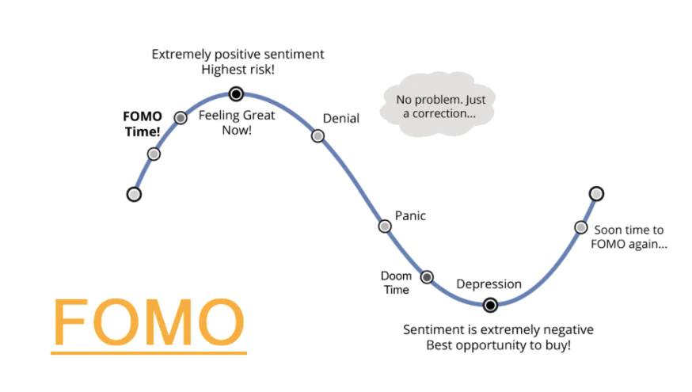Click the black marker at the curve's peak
click(x=236, y=93)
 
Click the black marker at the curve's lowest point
click(x=490, y=305)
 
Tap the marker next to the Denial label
click(x=317, y=135)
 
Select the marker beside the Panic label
click(x=385, y=226)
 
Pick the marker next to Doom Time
click(x=427, y=277)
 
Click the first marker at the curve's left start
click(x=134, y=194)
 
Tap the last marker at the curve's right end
click(x=597, y=193)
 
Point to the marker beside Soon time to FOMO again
click(x=581, y=227)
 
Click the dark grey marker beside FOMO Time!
click(x=181, y=118)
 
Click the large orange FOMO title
click(x=149, y=322)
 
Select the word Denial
click(x=341, y=118)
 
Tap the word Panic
click(x=410, y=216)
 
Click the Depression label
click(x=489, y=284)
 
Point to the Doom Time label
click(x=396, y=283)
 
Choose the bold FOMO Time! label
click(x=143, y=124)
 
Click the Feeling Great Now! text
click(x=237, y=122)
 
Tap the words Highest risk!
click(x=238, y=70)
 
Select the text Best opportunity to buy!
click(x=498, y=344)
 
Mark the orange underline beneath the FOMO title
click(x=149, y=352)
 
